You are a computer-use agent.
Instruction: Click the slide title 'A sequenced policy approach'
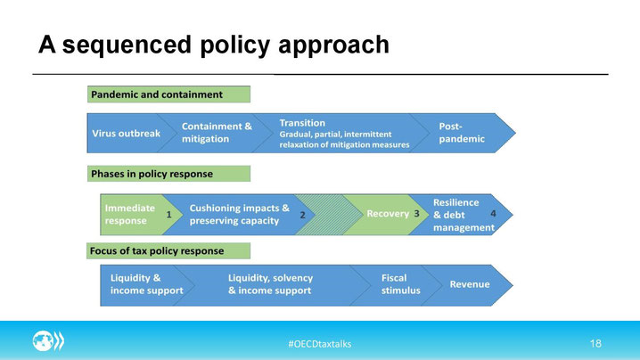[214, 45]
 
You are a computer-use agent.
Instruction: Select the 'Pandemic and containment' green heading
[168, 94]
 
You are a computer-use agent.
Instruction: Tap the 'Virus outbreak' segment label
[126, 133]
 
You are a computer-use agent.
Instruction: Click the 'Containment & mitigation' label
[217, 132]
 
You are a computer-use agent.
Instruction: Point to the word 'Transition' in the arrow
[302, 123]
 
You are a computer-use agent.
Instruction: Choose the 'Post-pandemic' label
[462, 132]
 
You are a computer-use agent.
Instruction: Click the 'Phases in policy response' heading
[168, 174]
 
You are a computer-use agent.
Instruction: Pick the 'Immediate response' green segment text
[130, 214]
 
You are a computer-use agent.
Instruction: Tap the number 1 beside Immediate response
[168, 215]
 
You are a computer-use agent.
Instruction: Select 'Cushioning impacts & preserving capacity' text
[239, 214]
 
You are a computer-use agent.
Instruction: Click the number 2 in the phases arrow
[302, 215]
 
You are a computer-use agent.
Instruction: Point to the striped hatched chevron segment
[329, 215]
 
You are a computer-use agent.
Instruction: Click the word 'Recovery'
[388, 214]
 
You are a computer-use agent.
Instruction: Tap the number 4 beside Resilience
[493, 213]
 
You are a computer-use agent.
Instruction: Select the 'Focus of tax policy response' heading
[168, 250]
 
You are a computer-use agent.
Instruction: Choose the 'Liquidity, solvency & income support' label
[270, 284]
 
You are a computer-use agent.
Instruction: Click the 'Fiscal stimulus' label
[400, 284]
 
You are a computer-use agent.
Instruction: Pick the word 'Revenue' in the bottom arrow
[470, 284]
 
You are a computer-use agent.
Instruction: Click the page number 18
[595, 344]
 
